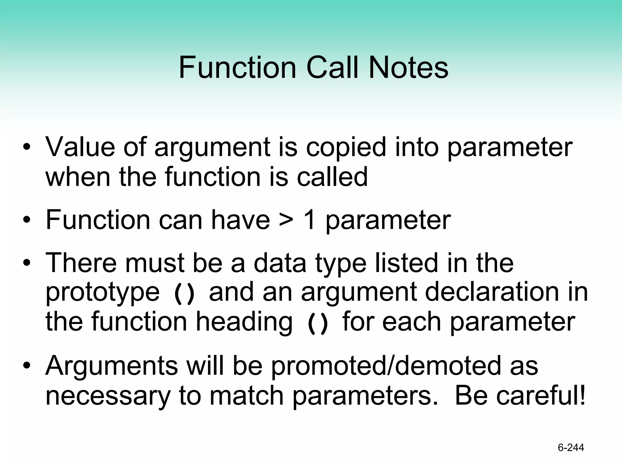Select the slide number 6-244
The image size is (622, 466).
(571, 447)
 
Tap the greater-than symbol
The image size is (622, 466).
(286, 221)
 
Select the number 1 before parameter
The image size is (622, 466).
(309, 220)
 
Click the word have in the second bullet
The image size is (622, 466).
(240, 220)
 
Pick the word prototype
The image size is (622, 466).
(102, 293)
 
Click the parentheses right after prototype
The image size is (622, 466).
(184, 293)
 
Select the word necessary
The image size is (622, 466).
(108, 396)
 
